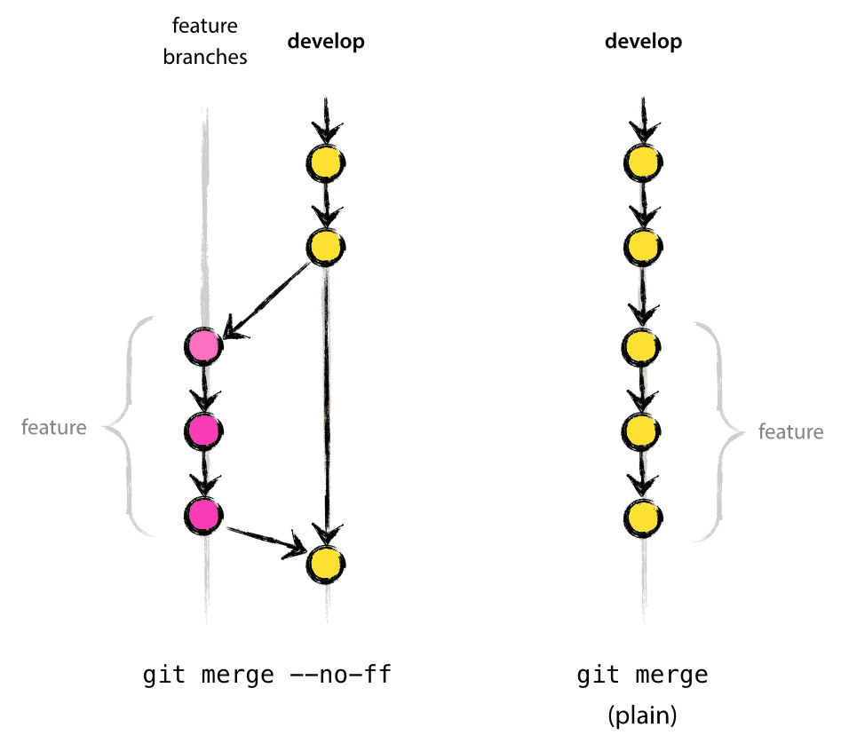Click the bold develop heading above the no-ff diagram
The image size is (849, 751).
[x=326, y=42]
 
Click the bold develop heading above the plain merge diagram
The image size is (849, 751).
[x=644, y=42]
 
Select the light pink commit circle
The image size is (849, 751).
[x=204, y=345]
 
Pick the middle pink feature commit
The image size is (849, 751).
[x=204, y=430]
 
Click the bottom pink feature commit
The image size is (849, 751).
[x=204, y=514]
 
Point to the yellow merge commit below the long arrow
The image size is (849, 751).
[x=326, y=564]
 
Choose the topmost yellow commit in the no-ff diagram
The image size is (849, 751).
[x=326, y=162]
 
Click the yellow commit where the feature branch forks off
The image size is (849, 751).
[x=326, y=245]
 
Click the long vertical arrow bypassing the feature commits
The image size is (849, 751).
[x=328, y=399]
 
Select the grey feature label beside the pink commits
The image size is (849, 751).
[x=54, y=428]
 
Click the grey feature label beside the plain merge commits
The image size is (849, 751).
[x=790, y=432]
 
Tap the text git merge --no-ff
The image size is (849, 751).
[x=266, y=676]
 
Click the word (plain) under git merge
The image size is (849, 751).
[x=643, y=716]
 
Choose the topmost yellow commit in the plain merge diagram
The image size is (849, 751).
[x=643, y=162]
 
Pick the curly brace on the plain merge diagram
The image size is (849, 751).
[x=717, y=432]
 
